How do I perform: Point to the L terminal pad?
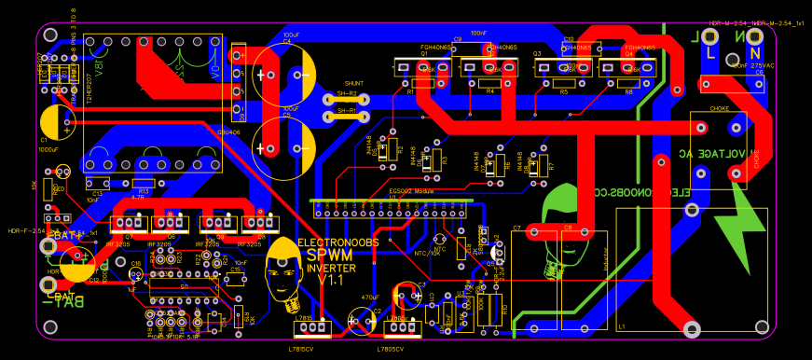tap(710, 38)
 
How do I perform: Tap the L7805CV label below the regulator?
tap(392, 348)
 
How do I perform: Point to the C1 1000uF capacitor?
tap(58, 121)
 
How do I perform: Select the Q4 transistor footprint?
tap(638, 68)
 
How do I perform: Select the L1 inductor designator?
tap(622, 326)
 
